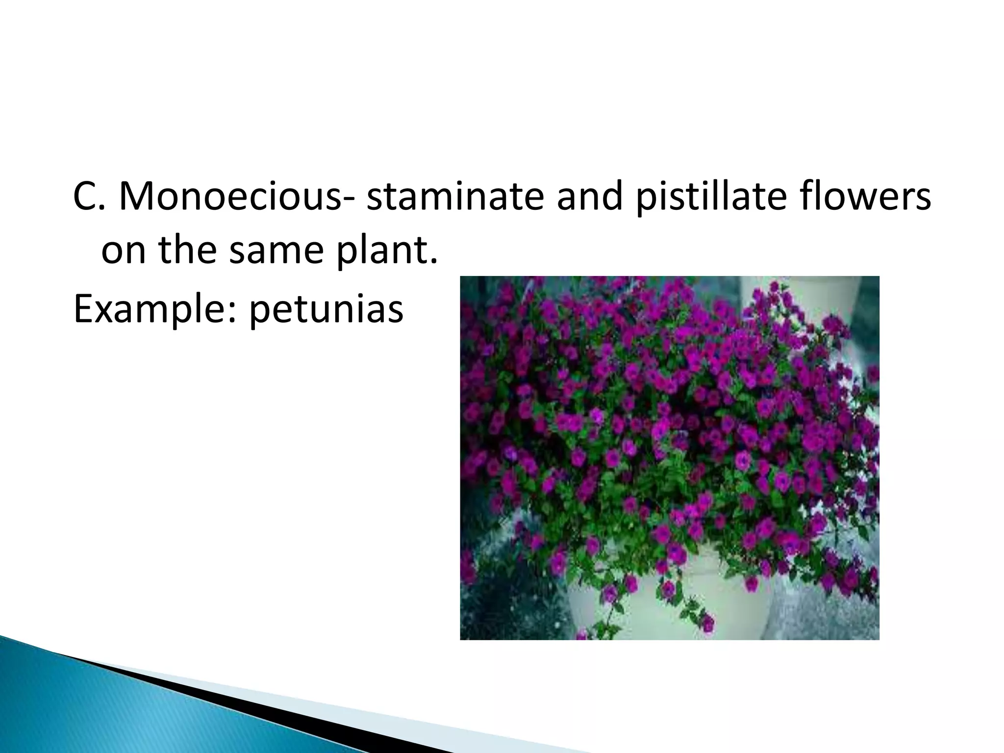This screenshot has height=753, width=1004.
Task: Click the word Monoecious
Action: click(x=231, y=197)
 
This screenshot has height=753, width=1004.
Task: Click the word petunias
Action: click(x=326, y=310)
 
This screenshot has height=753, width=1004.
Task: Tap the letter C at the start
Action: click(x=84, y=197)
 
